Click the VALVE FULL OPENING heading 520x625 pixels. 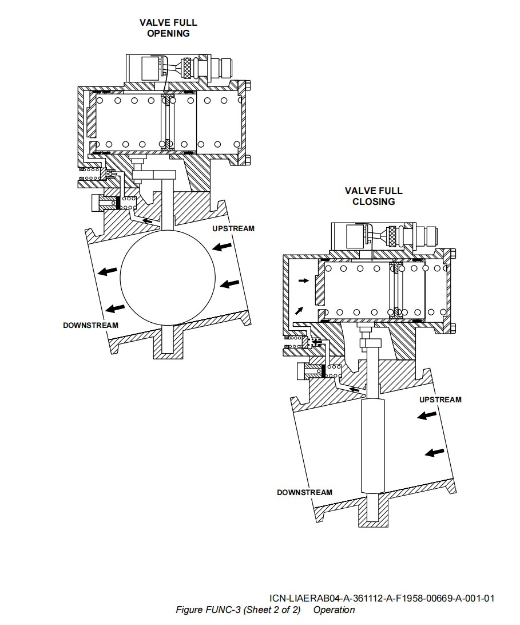click(168, 27)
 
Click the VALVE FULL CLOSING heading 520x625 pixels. click(374, 196)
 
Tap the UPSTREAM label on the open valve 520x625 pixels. click(233, 228)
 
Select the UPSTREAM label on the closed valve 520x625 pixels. click(440, 399)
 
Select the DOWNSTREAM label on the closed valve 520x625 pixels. click(304, 492)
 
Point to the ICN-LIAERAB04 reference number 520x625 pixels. click(382, 598)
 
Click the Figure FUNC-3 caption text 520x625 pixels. click(238, 610)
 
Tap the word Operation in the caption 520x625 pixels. click(334, 610)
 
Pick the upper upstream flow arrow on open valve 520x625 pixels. click(223, 247)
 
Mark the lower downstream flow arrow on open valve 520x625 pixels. click(116, 308)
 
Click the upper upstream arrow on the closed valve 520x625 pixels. click(426, 416)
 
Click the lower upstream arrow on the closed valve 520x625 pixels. click(435, 452)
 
